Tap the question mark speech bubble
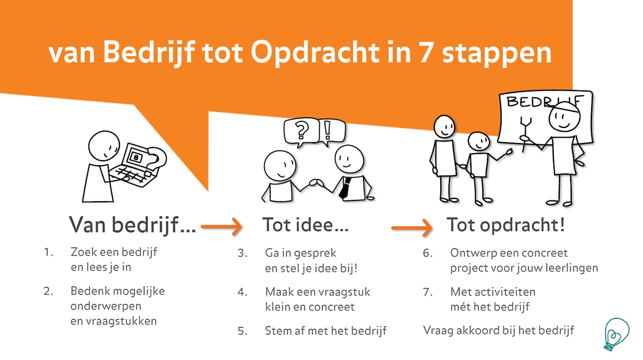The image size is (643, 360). tap(301, 132)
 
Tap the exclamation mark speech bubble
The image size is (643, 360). tap(332, 132)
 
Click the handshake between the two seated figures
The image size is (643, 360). tap(316, 183)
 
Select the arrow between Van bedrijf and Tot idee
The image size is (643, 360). tap(221, 227)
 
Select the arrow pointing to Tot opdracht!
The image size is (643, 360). tap(412, 228)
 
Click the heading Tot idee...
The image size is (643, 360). tap(306, 225)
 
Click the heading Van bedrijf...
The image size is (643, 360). tap(132, 225)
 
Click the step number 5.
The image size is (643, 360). tap(242, 331)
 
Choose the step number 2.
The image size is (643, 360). tap(48, 291)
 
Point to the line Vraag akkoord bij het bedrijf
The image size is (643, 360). tap(499, 331)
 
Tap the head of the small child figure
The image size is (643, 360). tap(478, 141)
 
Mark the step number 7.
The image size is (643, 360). tap(427, 292)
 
